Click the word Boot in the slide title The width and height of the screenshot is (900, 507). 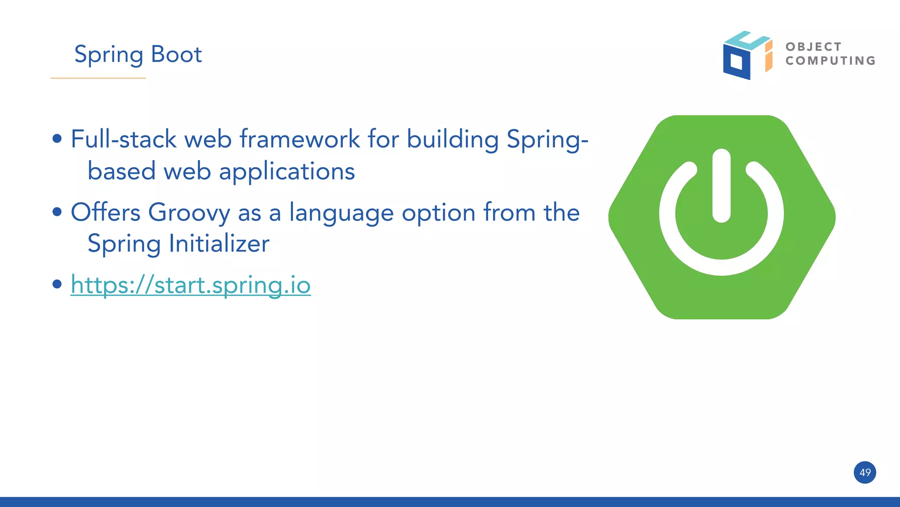pos(176,55)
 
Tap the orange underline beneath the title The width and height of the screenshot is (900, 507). pos(98,78)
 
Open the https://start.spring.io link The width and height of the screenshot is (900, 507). pos(191,285)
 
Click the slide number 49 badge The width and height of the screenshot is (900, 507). pos(865,473)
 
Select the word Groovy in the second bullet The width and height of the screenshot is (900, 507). pos(189,213)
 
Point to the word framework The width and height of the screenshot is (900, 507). pos(300,139)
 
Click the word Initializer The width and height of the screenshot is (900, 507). pos(219,244)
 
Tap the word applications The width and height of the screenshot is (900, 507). pos(287,171)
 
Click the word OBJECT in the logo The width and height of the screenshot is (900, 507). pos(813,47)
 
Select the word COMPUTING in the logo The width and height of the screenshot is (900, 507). pos(831,61)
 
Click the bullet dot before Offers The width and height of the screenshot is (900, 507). pos(57,212)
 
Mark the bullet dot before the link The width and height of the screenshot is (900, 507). pos(57,284)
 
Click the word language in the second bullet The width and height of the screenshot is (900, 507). pos(341,213)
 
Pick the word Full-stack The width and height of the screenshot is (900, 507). pos(123,139)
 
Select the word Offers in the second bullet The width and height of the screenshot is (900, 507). pos(105,212)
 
